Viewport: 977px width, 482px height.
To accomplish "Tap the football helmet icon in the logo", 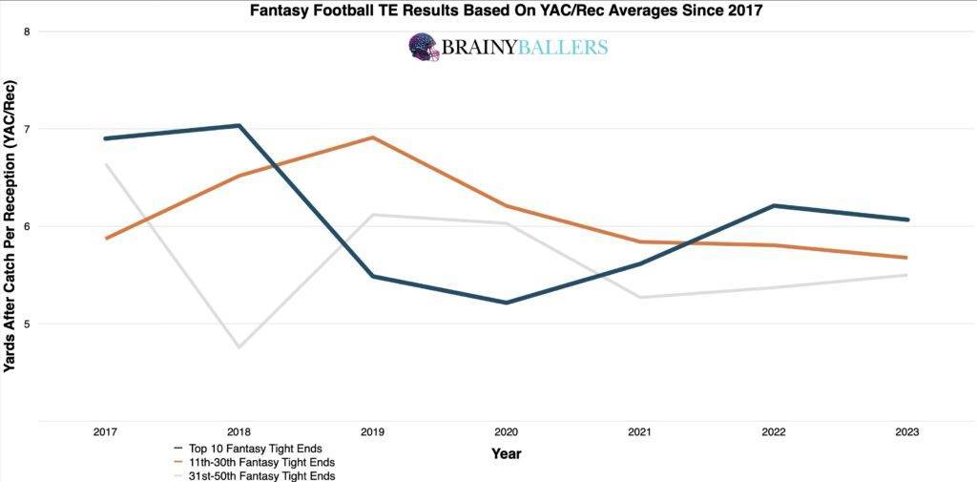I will point(424,48).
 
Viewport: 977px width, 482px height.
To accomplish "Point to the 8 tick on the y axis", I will point(27,31).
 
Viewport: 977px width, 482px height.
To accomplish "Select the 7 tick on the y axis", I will point(27,129).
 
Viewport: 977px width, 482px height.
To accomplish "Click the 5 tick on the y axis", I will point(27,324).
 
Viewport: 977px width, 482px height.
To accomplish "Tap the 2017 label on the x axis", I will point(105,432).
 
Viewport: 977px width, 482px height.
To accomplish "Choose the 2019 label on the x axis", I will point(372,432).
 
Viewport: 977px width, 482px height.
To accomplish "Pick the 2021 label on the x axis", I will point(639,432).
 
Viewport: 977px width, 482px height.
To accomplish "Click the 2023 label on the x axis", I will point(906,432).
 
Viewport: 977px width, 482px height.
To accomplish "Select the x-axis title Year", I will point(506,453).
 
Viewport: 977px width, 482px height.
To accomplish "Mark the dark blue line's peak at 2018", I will point(239,126).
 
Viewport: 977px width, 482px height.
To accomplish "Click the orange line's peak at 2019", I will point(372,137).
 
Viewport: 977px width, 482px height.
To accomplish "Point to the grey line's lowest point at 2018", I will point(239,346).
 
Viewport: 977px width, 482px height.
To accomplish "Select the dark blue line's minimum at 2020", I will point(506,303).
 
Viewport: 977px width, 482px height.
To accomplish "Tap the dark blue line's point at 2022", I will point(773,205).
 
